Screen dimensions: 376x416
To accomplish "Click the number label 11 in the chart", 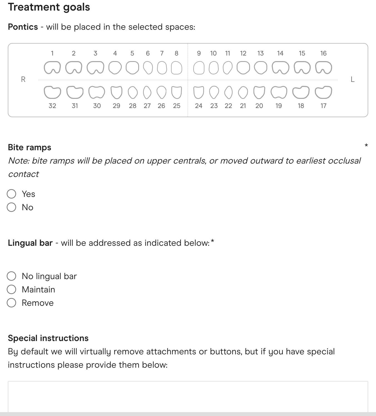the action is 227,53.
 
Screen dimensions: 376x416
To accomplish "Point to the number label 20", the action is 259,106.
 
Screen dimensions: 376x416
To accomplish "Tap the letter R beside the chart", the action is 23,79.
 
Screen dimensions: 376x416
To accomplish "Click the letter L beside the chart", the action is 353,79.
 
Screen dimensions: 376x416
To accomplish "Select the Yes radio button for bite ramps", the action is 11,194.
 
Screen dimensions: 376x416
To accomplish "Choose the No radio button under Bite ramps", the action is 11,207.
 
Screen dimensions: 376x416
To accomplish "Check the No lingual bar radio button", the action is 11,276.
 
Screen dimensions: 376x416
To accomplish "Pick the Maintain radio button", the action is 11,289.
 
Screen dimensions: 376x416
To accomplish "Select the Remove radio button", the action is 11,303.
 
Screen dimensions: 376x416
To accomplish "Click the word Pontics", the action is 23,27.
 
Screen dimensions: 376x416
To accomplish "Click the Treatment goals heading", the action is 49,7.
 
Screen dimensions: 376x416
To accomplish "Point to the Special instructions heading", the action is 48,338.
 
